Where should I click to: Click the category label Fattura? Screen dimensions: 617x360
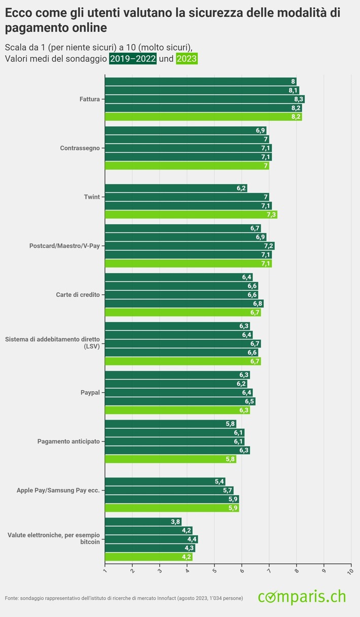click(90, 99)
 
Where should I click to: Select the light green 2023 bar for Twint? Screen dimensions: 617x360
click(191, 215)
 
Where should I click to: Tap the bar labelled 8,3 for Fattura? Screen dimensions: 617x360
click(204, 99)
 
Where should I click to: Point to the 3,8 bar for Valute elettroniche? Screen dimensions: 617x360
click(143, 522)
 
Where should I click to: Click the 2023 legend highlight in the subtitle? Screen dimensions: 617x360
click(186, 59)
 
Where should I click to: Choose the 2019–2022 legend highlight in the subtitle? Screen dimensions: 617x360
click(132, 59)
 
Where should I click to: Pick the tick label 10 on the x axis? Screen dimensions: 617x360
click(350, 571)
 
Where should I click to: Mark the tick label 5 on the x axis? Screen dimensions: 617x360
click(213, 571)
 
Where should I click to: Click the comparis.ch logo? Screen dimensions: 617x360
click(302, 597)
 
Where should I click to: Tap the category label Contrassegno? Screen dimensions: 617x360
click(80, 148)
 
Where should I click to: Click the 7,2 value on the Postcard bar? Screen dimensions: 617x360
click(269, 246)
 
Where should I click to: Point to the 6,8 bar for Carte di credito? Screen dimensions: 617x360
click(184, 304)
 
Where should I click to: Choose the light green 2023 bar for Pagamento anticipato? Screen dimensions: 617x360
click(170, 459)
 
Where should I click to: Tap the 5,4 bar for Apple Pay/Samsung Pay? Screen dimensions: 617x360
click(165, 482)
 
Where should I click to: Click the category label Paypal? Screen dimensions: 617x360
click(90, 392)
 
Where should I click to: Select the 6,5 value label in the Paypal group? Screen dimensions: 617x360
click(249, 401)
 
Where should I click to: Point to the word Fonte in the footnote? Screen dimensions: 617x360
click(12, 599)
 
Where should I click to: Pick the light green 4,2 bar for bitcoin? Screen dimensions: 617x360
click(149, 557)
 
